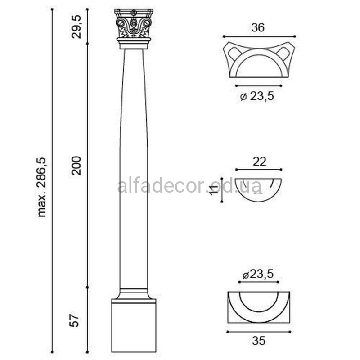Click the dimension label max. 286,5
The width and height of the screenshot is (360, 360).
pyautogui.click(x=42, y=187)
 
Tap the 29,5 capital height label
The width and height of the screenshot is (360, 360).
pyautogui.click(x=76, y=27)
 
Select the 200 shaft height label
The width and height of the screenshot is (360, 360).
pyautogui.click(x=76, y=166)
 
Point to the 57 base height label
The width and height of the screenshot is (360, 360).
pyautogui.click(x=75, y=319)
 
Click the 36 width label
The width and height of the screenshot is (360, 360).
pyautogui.click(x=258, y=27)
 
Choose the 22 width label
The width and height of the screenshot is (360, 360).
pyautogui.click(x=260, y=162)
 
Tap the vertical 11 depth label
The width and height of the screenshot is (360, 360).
pyautogui.click(x=213, y=190)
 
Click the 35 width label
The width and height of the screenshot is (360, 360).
pyautogui.click(x=259, y=341)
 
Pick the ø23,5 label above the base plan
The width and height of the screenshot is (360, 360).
pyautogui.click(x=258, y=274)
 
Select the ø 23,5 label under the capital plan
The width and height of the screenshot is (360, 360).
pyautogui.click(x=257, y=96)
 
